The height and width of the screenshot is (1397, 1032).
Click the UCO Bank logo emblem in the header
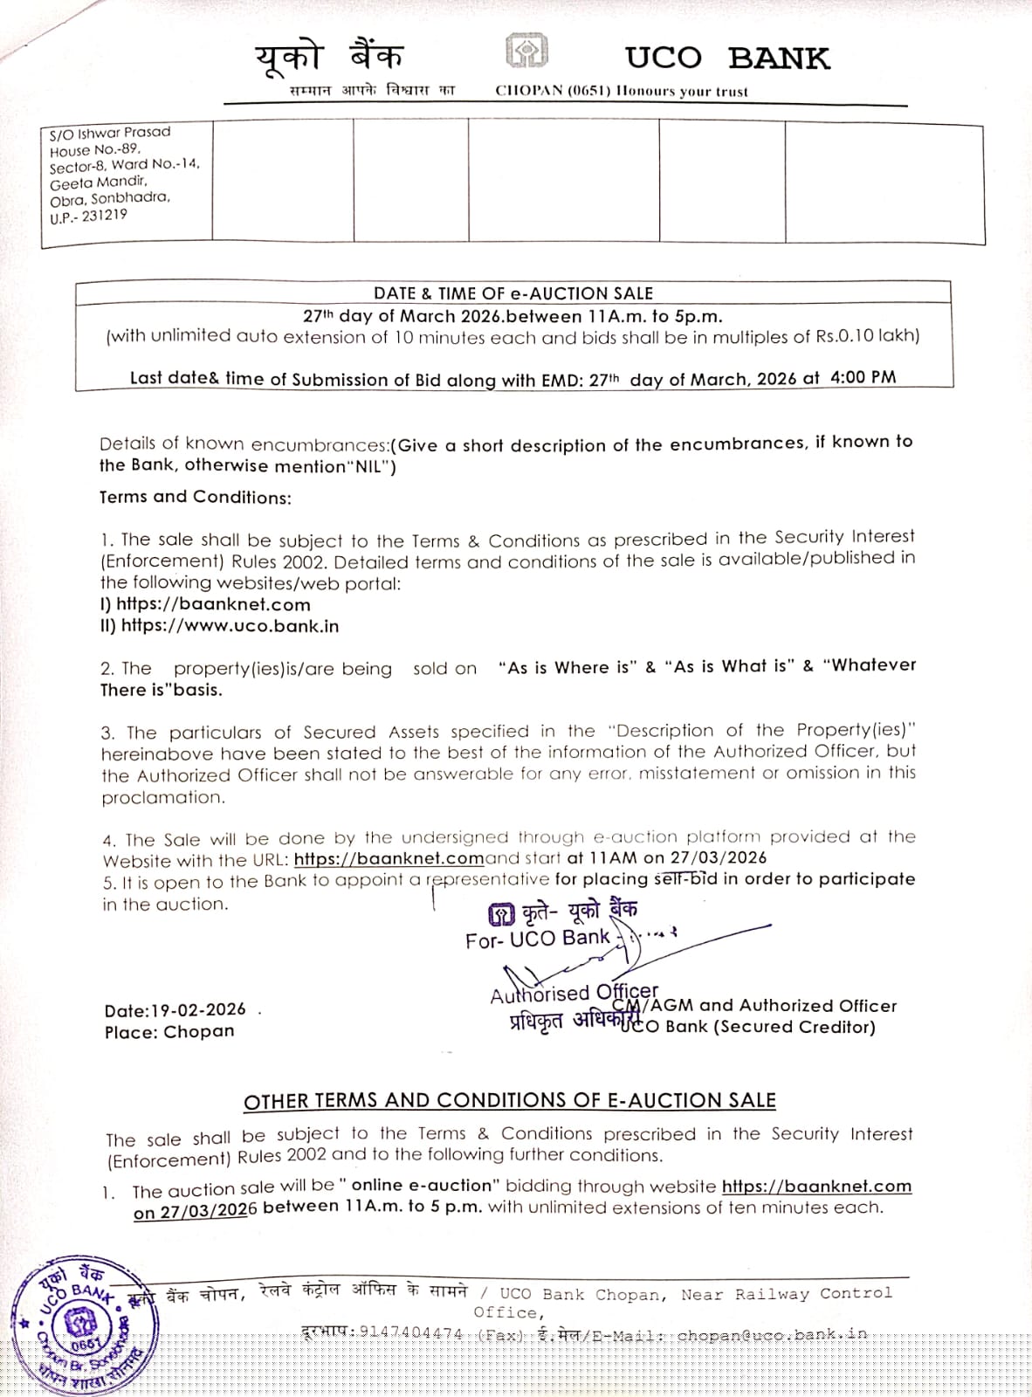click(526, 51)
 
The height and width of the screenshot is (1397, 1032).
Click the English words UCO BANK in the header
click(726, 58)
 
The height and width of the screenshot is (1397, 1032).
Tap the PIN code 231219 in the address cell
click(105, 215)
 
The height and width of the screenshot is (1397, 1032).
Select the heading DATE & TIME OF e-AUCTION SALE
click(513, 293)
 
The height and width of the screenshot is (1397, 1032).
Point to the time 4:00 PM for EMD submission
click(863, 377)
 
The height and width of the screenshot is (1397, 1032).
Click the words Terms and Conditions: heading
click(196, 497)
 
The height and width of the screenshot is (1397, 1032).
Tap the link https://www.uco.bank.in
click(230, 626)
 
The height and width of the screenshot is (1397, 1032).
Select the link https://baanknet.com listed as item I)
click(213, 604)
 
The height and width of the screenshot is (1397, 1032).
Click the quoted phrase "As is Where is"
click(568, 668)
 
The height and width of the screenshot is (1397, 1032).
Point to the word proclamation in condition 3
click(163, 797)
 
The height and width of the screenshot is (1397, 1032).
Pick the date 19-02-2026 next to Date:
click(199, 1010)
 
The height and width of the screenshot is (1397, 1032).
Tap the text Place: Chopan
click(169, 1031)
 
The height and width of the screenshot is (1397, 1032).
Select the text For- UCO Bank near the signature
click(537, 939)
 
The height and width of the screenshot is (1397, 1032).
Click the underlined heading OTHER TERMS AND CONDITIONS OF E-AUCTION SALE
click(510, 1100)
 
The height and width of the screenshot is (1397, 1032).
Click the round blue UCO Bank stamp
click(85, 1327)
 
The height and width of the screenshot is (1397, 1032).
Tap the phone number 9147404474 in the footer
click(410, 1332)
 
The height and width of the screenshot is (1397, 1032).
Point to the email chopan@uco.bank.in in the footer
click(772, 1334)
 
